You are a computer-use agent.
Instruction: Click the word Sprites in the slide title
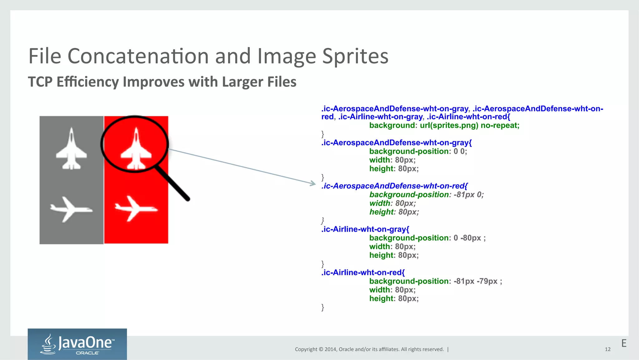pyautogui.click(x=355, y=57)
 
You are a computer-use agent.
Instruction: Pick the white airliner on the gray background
pyautogui.click(x=71, y=209)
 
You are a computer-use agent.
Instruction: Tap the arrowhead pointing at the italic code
pyautogui.click(x=313, y=184)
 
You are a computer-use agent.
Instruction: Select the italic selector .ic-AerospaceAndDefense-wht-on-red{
pyautogui.click(x=394, y=186)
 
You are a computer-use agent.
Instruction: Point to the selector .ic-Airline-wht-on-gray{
pyautogui.click(x=365, y=229)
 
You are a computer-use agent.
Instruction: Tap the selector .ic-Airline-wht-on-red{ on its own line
pyautogui.click(x=363, y=273)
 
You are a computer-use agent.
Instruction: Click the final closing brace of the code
pyautogui.click(x=323, y=307)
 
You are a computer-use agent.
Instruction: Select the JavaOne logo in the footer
pyautogui.click(x=77, y=344)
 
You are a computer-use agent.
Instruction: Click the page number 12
pyautogui.click(x=607, y=349)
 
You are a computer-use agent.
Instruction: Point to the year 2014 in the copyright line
pyautogui.click(x=330, y=349)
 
